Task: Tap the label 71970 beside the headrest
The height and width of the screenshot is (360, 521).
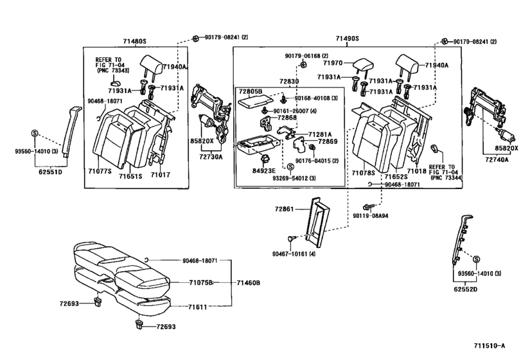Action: pos(335,64)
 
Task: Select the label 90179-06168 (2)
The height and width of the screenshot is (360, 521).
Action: pos(306,56)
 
